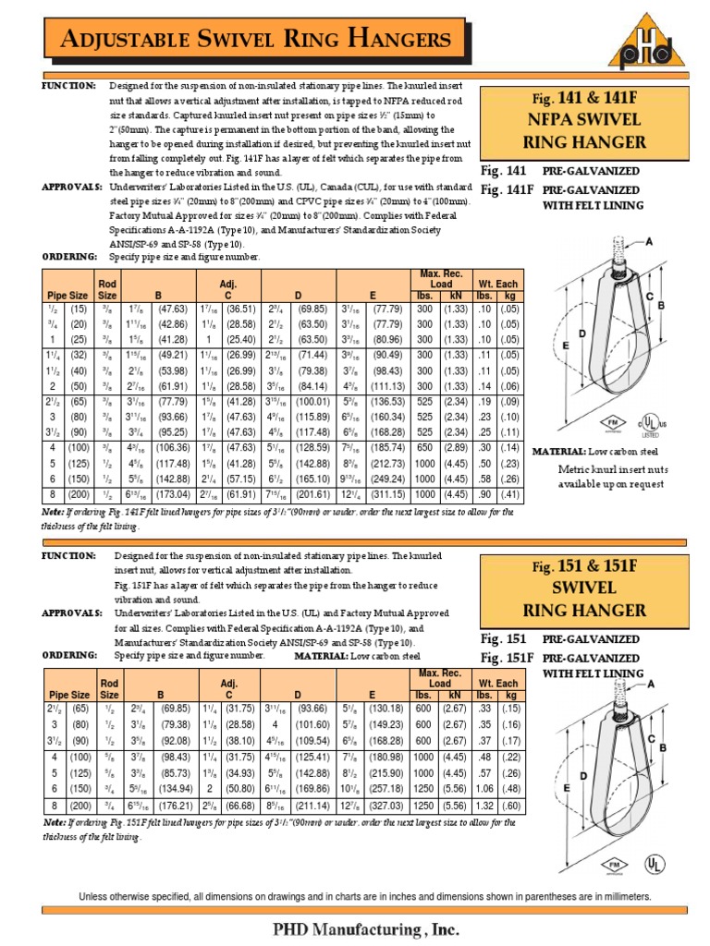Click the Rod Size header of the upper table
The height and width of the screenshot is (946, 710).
(108, 288)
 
